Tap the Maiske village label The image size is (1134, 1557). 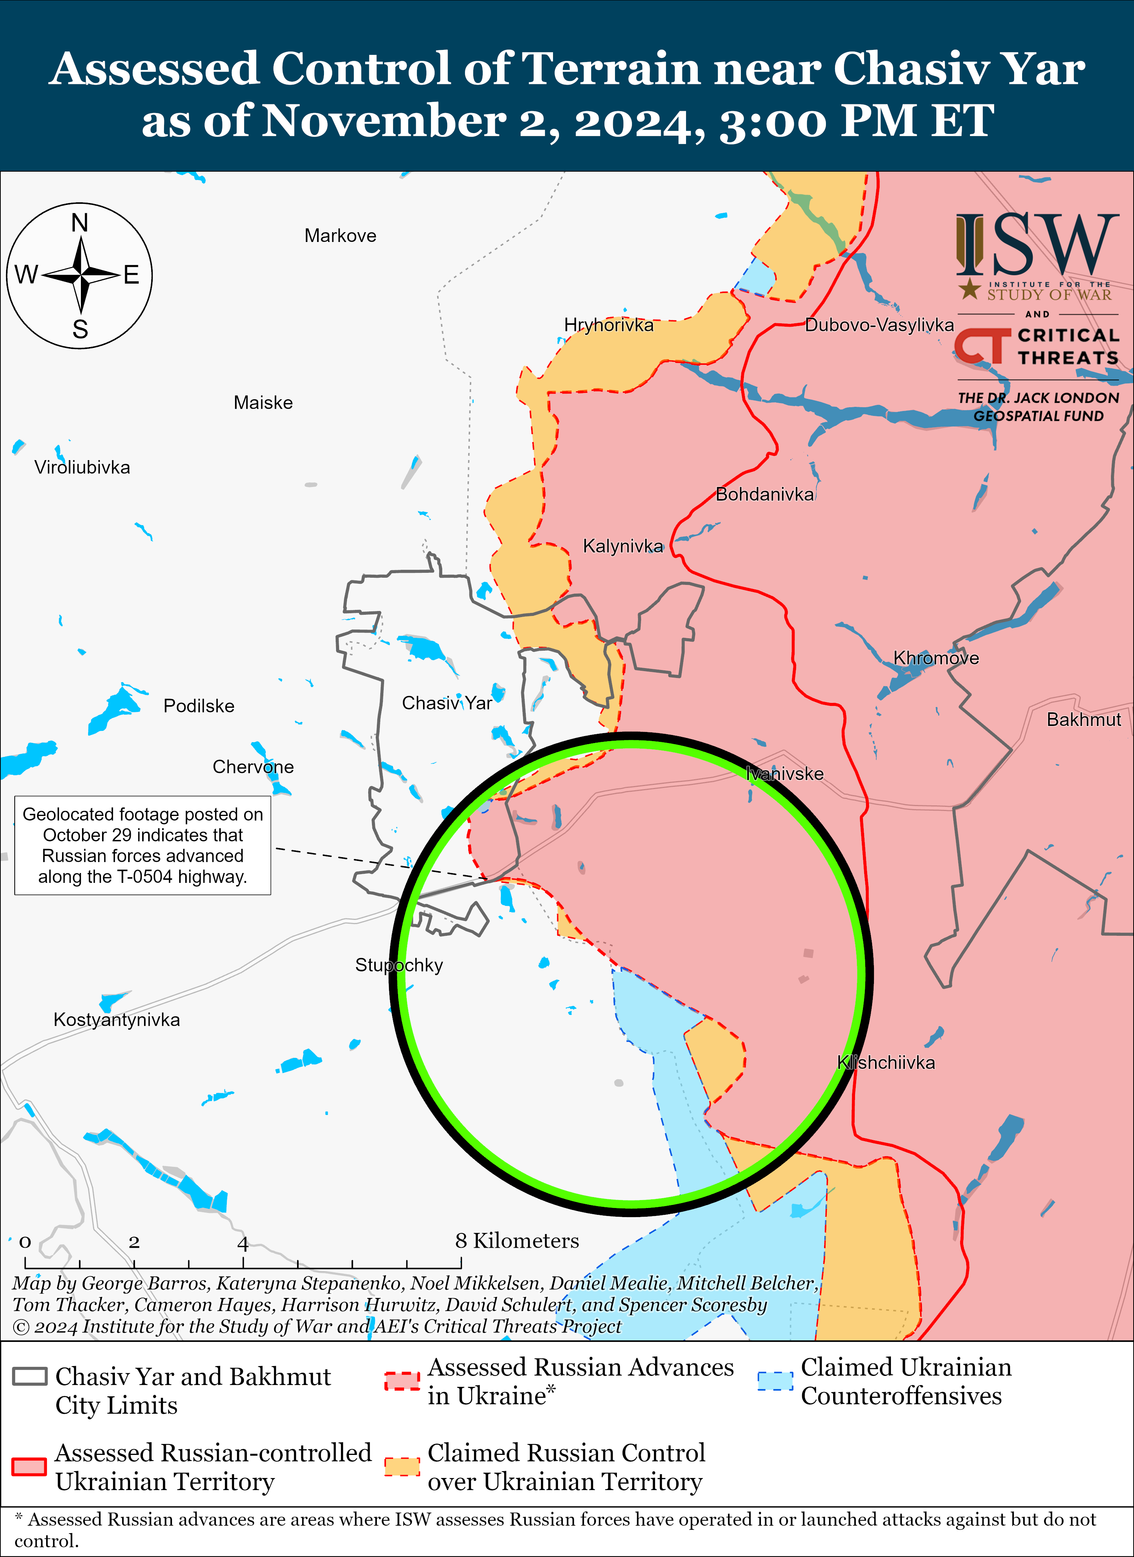pyautogui.click(x=263, y=403)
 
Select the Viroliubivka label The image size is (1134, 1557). pyautogui.click(x=82, y=467)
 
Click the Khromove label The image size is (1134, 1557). pyautogui.click(x=936, y=658)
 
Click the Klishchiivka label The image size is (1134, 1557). pyautogui.click(x=886, y=1063)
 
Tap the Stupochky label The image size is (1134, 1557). pyautogui.click(x=399, y=965)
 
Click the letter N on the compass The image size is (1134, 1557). pyautogui.click(x=80, y=223)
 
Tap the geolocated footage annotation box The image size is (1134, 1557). pyautogui.click(x=143, y=845)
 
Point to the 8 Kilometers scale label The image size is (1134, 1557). pyautogui.click(x=517, y=1241)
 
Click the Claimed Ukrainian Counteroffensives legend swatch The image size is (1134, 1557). pyautogui.click(x=775, y=1381)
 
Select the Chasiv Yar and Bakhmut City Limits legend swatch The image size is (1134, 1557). pyautogui.click(x=29, y=1376)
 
